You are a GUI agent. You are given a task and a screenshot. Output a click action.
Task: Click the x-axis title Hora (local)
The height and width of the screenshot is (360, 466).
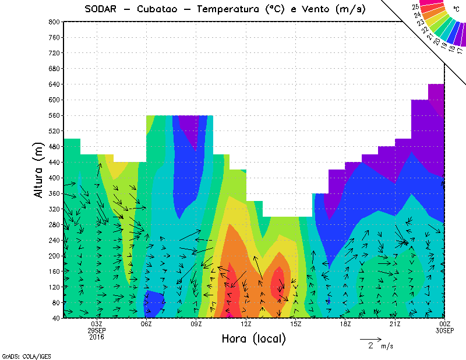coord(253,338)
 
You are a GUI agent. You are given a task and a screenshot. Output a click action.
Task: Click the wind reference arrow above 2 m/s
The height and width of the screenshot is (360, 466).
coord(370,338)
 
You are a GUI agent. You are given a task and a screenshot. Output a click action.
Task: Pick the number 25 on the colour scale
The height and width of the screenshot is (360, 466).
coord(415,6)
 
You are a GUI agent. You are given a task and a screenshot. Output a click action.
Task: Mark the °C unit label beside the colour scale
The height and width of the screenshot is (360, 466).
coord(456,9)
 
